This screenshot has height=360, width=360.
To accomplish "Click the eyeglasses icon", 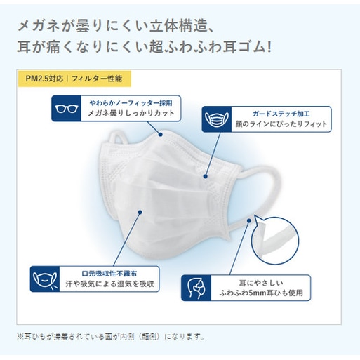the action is (67, 109).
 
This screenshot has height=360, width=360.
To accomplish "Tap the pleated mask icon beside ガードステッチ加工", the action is (217, 119).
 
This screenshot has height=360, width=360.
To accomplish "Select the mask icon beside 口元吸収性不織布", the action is (45, 279).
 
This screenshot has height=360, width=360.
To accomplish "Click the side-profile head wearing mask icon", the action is (196, 288).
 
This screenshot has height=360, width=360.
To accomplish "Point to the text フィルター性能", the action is (97, 79).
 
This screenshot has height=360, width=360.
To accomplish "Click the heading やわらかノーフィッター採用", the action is (131, 103).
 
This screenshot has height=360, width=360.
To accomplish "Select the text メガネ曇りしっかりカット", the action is (131, 113).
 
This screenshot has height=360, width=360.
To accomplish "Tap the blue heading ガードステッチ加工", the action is (281, 114).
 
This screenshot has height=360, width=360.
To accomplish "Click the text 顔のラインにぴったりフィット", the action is (281, 124).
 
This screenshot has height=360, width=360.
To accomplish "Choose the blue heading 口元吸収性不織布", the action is (109, 274).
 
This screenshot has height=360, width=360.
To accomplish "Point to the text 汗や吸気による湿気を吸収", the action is (109, 284).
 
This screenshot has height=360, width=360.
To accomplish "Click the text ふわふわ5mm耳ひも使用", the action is (261, 293).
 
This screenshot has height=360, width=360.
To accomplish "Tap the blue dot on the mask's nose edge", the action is (161, 135).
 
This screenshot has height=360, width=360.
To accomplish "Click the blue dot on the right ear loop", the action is (249, 220).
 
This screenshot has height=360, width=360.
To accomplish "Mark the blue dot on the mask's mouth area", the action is (140, 212).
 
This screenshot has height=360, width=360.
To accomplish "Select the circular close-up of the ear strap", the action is (275, 241).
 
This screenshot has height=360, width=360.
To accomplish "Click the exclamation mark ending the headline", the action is (269, 46).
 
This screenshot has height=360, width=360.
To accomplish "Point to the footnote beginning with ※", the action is (111, 337).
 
